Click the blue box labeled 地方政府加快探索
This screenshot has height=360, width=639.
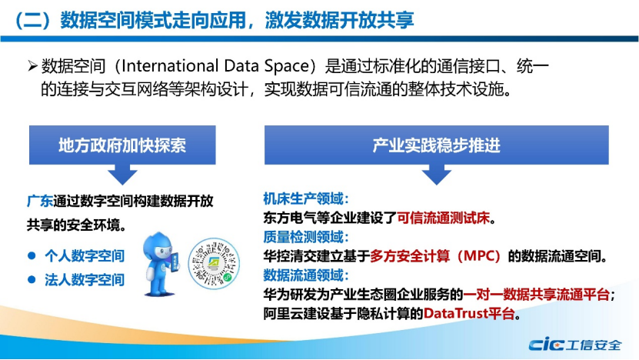[x=122, y=145]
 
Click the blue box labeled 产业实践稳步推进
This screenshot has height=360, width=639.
[x=437, y=145]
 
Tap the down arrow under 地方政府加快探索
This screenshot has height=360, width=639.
[x=122, y=175]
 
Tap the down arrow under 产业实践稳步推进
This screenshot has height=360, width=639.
[x=437, y=175]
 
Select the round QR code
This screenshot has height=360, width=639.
[x=214, y=264]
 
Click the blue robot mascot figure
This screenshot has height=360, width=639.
[x=160, y=264]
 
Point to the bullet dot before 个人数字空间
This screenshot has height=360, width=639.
[x=32, y=255]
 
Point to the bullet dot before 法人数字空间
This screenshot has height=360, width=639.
[x=32, y=280]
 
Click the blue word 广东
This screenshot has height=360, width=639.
[x=39, y=201]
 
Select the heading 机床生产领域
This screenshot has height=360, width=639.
[x=305, y=199]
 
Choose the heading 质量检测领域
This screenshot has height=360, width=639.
[x=305, y=237]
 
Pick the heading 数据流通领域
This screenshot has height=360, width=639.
[x=305, y=275]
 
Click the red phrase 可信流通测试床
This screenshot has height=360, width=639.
[x=443, y=218]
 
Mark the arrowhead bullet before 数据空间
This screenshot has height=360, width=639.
[x=32, y=65]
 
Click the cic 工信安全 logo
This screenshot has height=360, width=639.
[x=575, y=345]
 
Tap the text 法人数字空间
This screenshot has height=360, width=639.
[x=85, y=280]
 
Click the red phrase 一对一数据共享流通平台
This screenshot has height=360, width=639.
[x=537, y=295]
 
